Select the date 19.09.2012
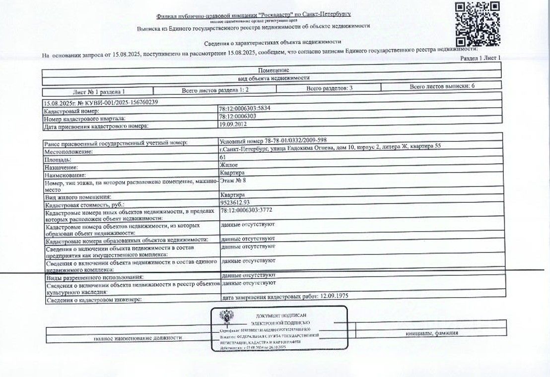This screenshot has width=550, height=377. pos(231,125)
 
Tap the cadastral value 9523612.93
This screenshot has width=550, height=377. pos(235,202)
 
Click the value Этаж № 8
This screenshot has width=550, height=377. pos(233,181)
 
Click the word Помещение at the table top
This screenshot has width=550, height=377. pos(274,70)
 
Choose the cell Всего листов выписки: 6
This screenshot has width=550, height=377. pos(442,86)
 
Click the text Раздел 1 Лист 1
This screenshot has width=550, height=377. pos(481,58)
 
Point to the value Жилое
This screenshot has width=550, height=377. pos(228,165)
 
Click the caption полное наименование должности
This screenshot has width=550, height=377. pos(138,338)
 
